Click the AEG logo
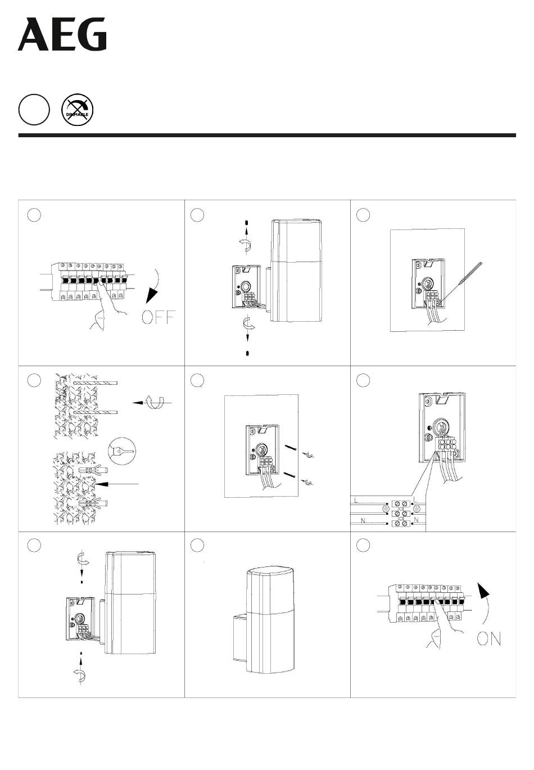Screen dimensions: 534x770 click(x=62, y=35)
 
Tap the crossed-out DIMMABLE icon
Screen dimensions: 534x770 click(x=78, y=110)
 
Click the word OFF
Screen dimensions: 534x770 click(x=159, y=317)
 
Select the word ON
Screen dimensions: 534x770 click(x=488, y=639)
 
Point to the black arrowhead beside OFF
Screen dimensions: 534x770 click(x=152, y=296)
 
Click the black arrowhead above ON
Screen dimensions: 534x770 click(x=483, y=591)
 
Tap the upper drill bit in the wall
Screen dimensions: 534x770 click(x=96, y=383)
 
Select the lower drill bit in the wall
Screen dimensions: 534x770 click(x=96, y=412)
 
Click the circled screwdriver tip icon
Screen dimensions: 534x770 click(x=121, y=451)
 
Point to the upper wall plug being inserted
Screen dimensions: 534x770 click(x=93, y=470)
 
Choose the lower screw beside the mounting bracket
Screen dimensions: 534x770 click(x=291, y=475)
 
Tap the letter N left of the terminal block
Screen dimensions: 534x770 click(x=363, y=520)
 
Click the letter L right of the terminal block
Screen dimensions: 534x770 click(x=416, y=499)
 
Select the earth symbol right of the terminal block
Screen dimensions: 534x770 click(x=417, y=508)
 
